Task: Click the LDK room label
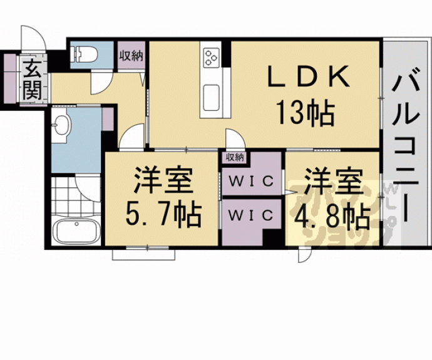tap(308, 78)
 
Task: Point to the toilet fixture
tap(84, 55)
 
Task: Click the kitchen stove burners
tap(211, 58)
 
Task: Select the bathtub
tap(75, 231)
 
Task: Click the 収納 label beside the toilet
tap(131, 56)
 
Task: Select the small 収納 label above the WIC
tap(235, 157)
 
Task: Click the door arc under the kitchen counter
tap(235, 139)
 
